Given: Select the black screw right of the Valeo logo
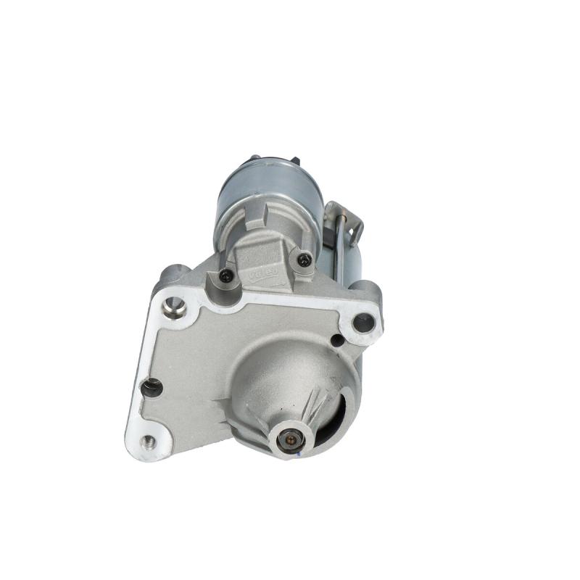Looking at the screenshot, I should click(x=304, y=259).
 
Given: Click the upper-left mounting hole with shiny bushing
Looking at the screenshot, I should click(x=173, y=307).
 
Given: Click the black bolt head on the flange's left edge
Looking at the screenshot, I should click(x=151, y=388).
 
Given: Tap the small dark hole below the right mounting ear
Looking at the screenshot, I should click(x=336, y=340).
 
